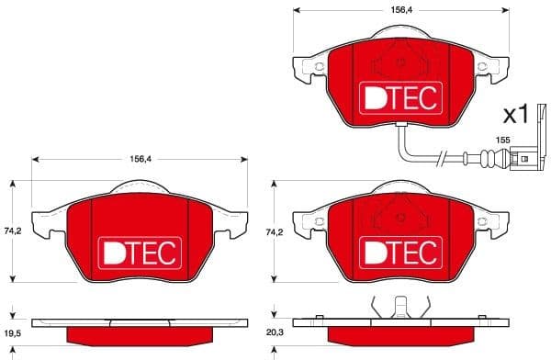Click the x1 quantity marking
pyautogui.click(x=516, y=115)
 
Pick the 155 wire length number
pyautogui.click(x=502, y=139)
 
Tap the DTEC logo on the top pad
pyautogui.click(x=399, y=96)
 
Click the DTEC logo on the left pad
pyautogui.click(x=140, y=250)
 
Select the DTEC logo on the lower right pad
pyautogui.click(x=399, y=250)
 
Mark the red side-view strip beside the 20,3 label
pyautogui.click(x=399, y=334)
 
